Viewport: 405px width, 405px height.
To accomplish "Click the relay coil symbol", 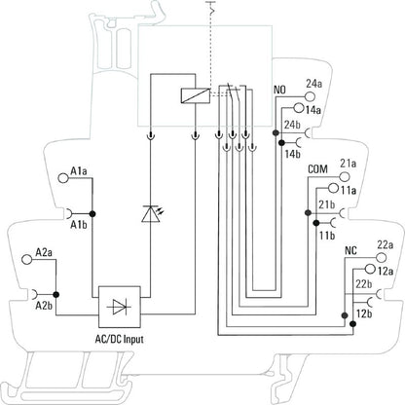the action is point(195,95).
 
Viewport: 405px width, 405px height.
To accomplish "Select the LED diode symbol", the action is point(151,213).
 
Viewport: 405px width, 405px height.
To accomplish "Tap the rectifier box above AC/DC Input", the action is point(120,307).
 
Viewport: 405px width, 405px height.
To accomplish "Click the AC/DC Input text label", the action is point(119,340).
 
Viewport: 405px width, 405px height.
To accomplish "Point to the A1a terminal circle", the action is point(62,178).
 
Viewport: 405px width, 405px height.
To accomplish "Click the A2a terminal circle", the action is point(26,259).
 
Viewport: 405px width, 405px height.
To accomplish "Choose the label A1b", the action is point(79,224).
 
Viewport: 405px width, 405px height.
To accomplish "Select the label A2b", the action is point(44,306).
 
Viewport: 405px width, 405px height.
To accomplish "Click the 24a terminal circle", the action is point(310,96).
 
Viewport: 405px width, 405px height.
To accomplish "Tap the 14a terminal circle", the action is point(298,108).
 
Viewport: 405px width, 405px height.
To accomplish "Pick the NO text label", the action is point(279,90).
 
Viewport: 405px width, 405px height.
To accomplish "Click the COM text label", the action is point(317,169).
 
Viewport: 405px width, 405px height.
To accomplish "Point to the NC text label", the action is point(350,250).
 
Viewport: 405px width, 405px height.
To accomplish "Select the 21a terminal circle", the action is point(345,176).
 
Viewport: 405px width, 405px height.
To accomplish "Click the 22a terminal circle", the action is point(382,257).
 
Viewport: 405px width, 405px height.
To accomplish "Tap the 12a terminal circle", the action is point(370,269).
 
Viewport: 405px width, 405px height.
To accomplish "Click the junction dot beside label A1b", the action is point(92,213).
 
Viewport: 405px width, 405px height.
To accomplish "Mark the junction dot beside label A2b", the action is point(56,294).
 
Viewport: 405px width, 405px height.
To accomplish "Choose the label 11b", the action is point(327,236).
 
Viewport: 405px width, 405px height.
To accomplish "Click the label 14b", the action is point(293,154).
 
